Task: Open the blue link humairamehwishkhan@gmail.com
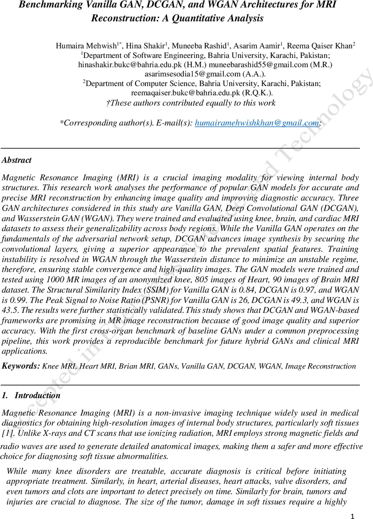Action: pos(257,123)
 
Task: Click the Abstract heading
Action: pos(17,160)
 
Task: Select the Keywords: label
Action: pos(21,366)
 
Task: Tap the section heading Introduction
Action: pos(38,395)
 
